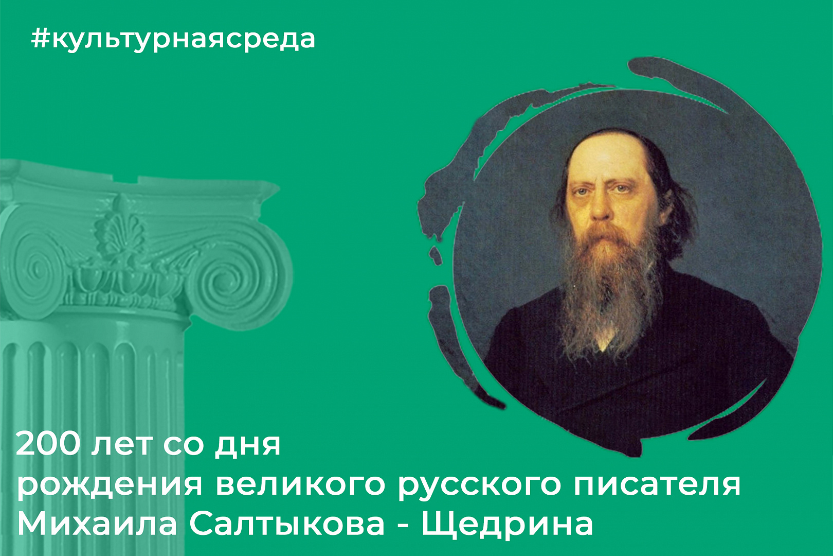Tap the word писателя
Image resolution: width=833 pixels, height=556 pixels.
pyautogui.click(x=658, y=484)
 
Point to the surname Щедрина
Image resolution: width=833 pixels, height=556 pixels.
pyautogui.click(x=507, y=525)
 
